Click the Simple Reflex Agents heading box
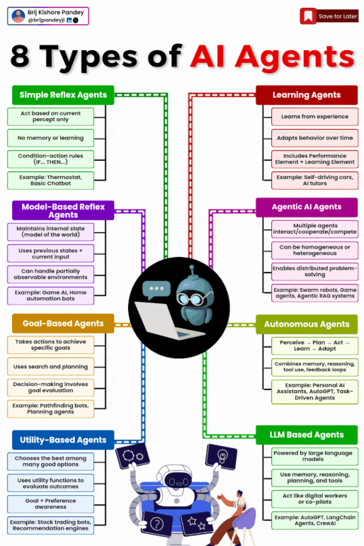pos(63,95)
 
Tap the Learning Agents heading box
pos(307,95)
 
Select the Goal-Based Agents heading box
pos(63,324)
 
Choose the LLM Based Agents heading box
pos(307,435)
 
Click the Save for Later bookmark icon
pos(308,16)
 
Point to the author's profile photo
pos(18,16)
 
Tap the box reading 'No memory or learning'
pos(50,138)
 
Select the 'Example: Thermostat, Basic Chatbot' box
pos(50,181)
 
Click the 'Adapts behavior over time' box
pos(315,138)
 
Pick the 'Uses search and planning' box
pos(50,367)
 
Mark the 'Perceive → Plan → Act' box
pos(315,346)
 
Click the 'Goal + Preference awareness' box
pos(50,504)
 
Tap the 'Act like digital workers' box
pos(315,499)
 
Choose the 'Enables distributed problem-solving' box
pos(315,272)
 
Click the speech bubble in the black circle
pos(157,290)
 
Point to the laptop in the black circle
pos(164,320)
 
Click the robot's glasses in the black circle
pos(193,298)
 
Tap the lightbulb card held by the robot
pos(222,457)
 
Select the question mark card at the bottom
pos(157,523)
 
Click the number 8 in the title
pos(20,56)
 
